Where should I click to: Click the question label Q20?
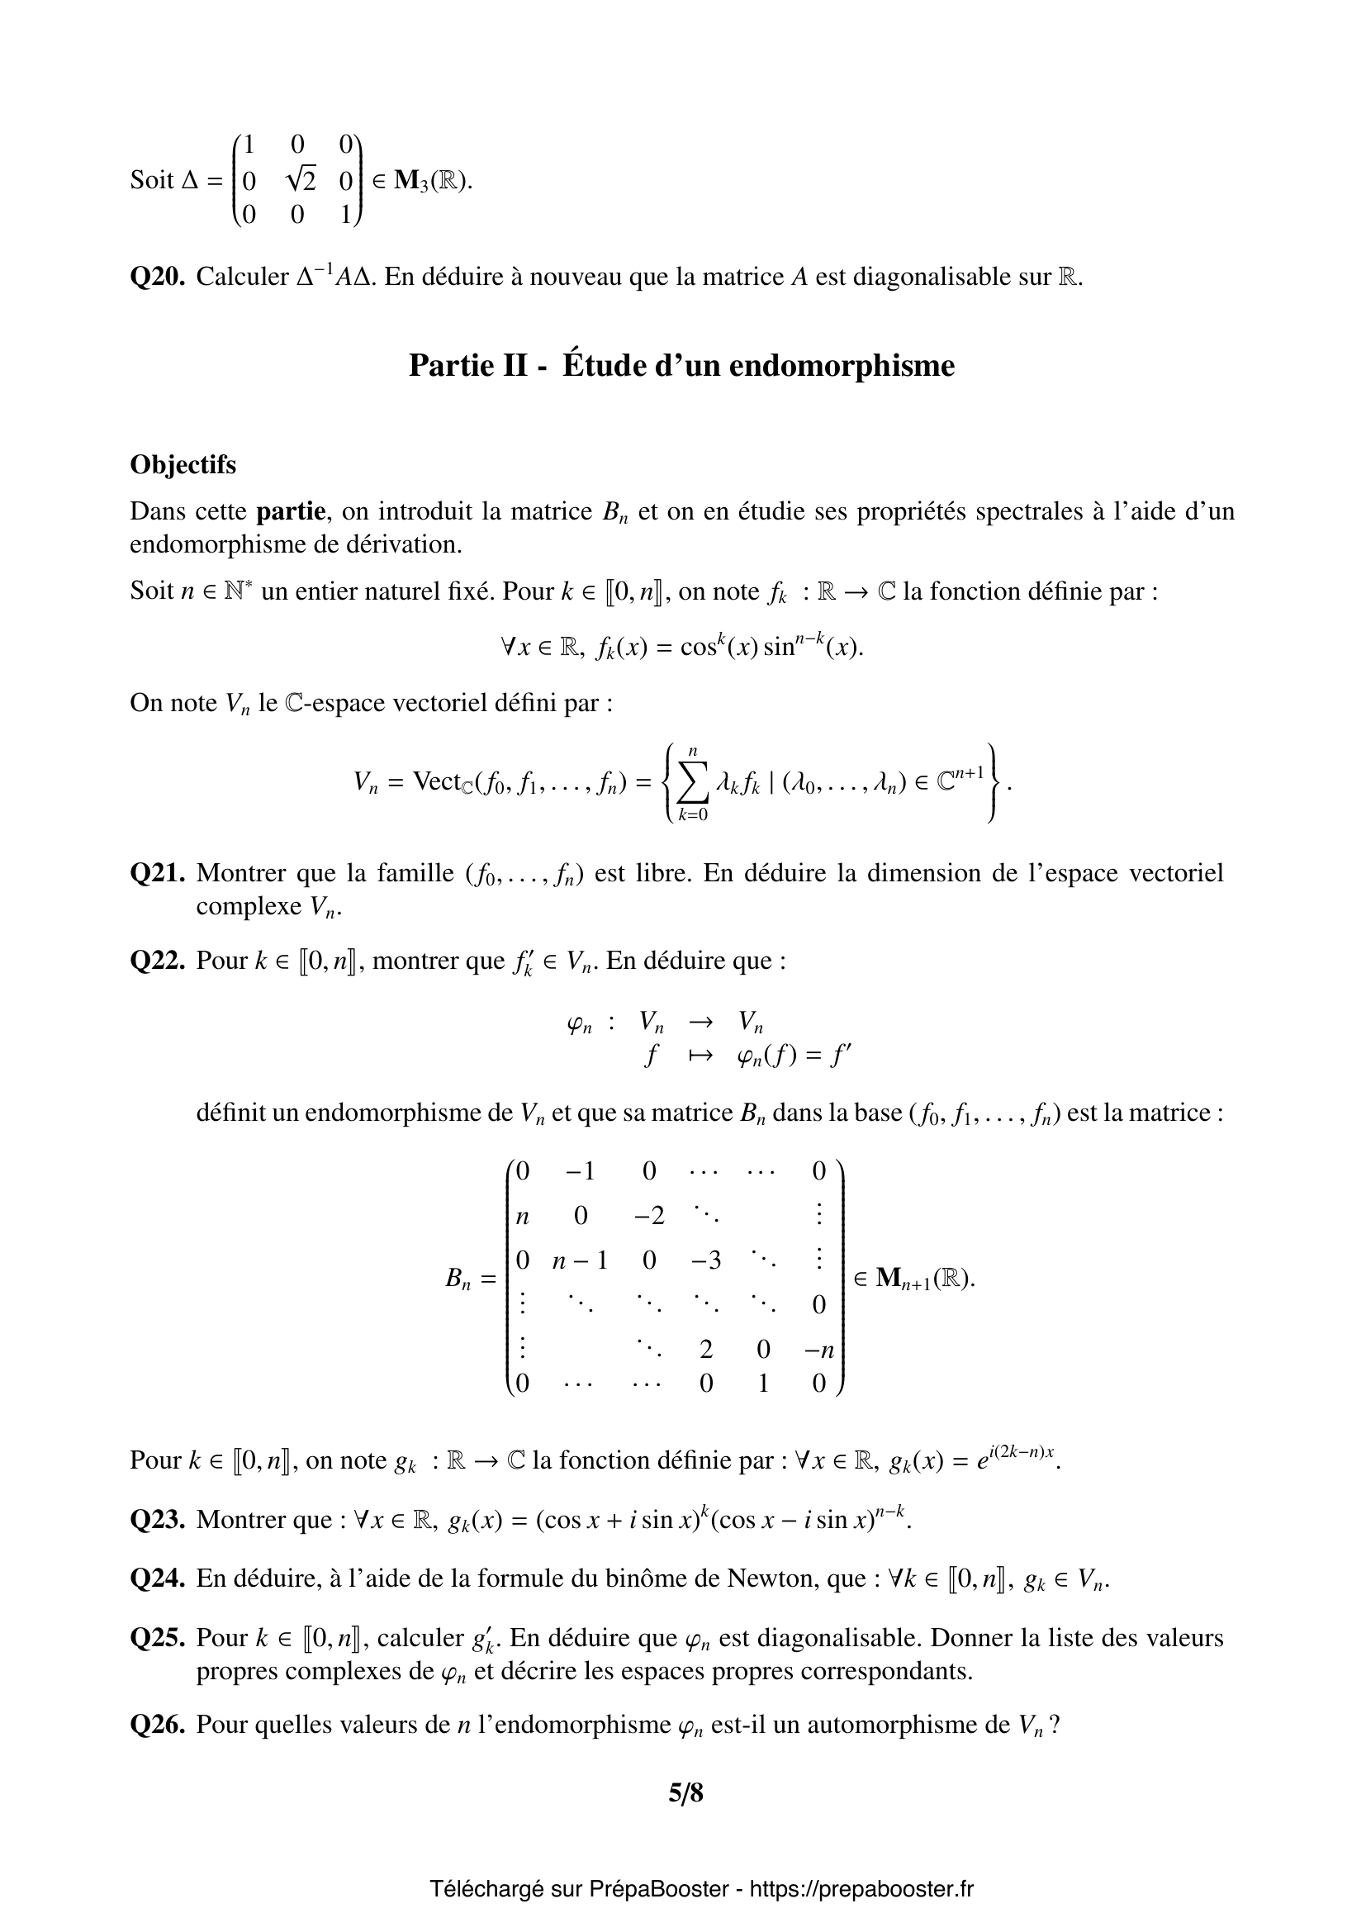click(x=157, y=277)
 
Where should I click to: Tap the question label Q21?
click(x=157, y=872)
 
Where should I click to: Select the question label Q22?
click(x=157, y=960)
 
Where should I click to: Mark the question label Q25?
click(x=157, y=1637)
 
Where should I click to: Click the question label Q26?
click(x=157, y=1725)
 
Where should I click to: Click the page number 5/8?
click(x=685, y=1793)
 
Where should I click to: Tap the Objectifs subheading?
click(x=183, y=464)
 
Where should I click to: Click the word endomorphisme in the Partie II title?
click(x=841, y=365)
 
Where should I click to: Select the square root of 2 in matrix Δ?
click(x=301, y=180)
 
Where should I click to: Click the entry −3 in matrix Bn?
click(x=705, y=1260)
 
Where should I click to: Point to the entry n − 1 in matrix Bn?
click(x=580, y=1260)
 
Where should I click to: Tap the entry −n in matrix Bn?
click(x=818, y=1350)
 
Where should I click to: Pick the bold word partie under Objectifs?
click(x=290, y=510)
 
